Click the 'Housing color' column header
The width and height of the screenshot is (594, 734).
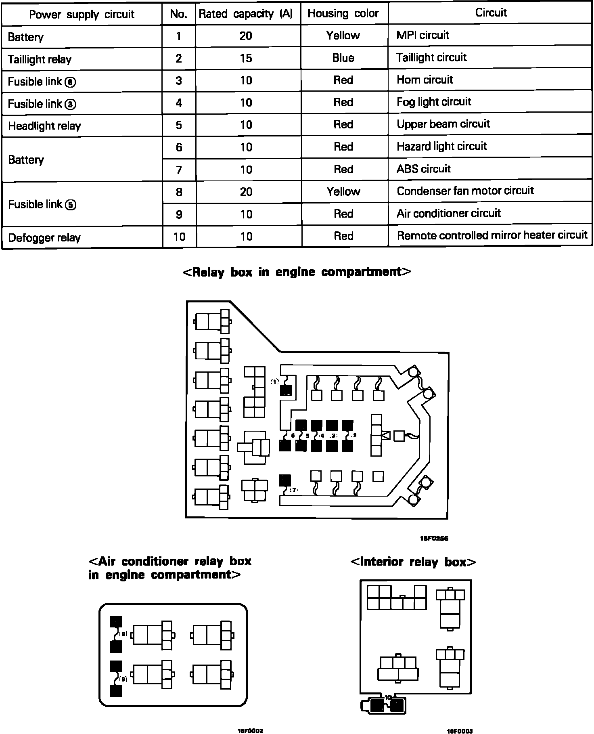tap(343, 14)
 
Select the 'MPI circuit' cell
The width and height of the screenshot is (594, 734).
tap(423, 36)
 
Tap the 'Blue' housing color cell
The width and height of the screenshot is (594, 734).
tap(343, 58)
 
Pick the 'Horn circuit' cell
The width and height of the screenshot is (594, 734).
tap(425, 80)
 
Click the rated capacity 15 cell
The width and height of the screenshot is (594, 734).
tap(246, 58)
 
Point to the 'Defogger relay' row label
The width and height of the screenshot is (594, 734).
tap(44, 238)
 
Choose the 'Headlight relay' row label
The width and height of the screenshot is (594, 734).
tap(44, 126)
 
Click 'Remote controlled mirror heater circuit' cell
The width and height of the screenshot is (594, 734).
tap(492, 235)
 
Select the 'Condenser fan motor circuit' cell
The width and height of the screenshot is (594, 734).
tap(465, 191)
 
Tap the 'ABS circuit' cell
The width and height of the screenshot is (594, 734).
tap(424, 169)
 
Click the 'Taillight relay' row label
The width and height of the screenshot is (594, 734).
tap(40, 60)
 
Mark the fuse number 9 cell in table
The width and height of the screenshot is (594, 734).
tap(179, 214)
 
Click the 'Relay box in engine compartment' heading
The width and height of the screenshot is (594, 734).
tap(297, 272)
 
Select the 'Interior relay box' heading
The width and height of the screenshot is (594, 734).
tap(413, 562)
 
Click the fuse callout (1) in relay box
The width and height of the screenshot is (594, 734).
tap(275, 381)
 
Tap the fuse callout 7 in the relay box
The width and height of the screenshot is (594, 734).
tap(293, 490)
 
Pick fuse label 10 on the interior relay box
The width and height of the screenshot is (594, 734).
tap(388, 697)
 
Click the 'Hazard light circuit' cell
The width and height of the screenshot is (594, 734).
tap(442, 146)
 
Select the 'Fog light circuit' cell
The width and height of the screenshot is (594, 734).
tap(434, 102)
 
